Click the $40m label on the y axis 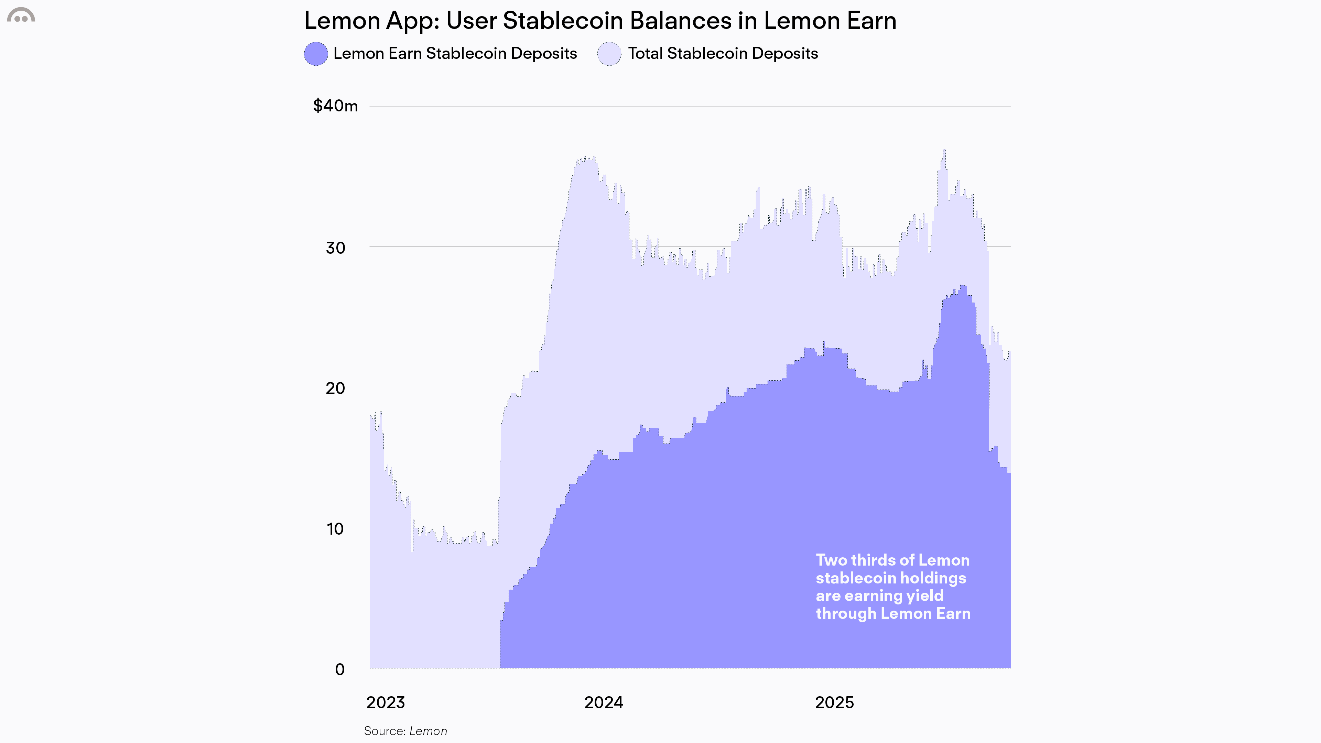(x=335, y=106)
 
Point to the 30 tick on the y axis (x=335, y=248)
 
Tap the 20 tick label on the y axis (x=335, y=388)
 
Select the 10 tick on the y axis (x=335, y=529)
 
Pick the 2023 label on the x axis (x=386, y=702)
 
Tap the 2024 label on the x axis (x=604, y=702)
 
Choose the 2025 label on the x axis (x=834, y=702)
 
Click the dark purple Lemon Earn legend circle (x=316, y=54)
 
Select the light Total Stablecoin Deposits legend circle (x=609, y=54)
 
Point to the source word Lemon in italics (x=428, y=731)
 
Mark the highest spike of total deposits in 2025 (x=944, y=151)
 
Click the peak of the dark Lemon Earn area (x=963, y=286)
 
